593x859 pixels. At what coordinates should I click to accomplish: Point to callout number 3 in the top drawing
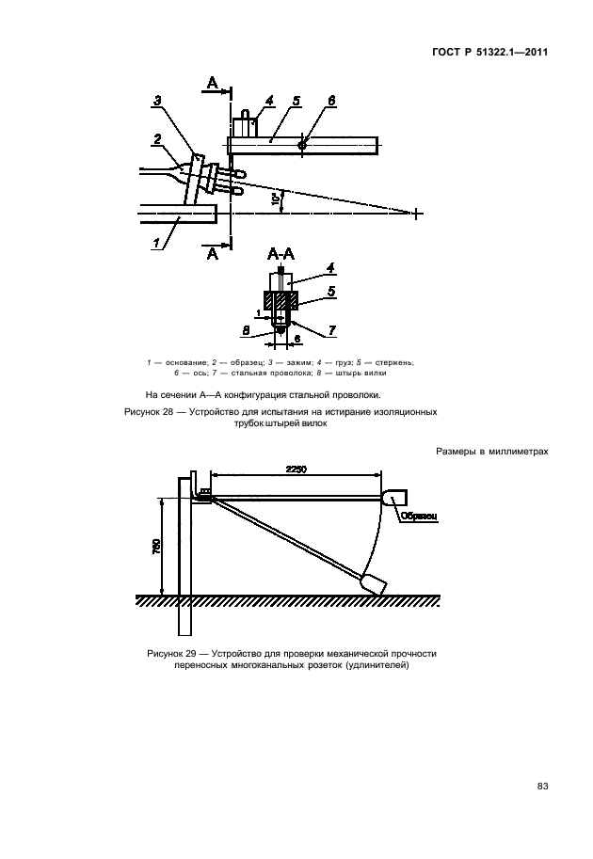157,100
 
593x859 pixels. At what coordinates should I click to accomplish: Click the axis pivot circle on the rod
301,144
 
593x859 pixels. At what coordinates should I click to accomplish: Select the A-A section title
280,253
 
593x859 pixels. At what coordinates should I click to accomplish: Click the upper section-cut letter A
213,85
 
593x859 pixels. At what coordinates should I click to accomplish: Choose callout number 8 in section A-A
245,331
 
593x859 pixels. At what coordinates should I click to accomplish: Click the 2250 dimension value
291,469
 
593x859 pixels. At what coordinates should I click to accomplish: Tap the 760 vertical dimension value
157,546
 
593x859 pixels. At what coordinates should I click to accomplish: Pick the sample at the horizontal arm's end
395,496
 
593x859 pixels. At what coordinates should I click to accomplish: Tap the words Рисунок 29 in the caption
175,653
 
